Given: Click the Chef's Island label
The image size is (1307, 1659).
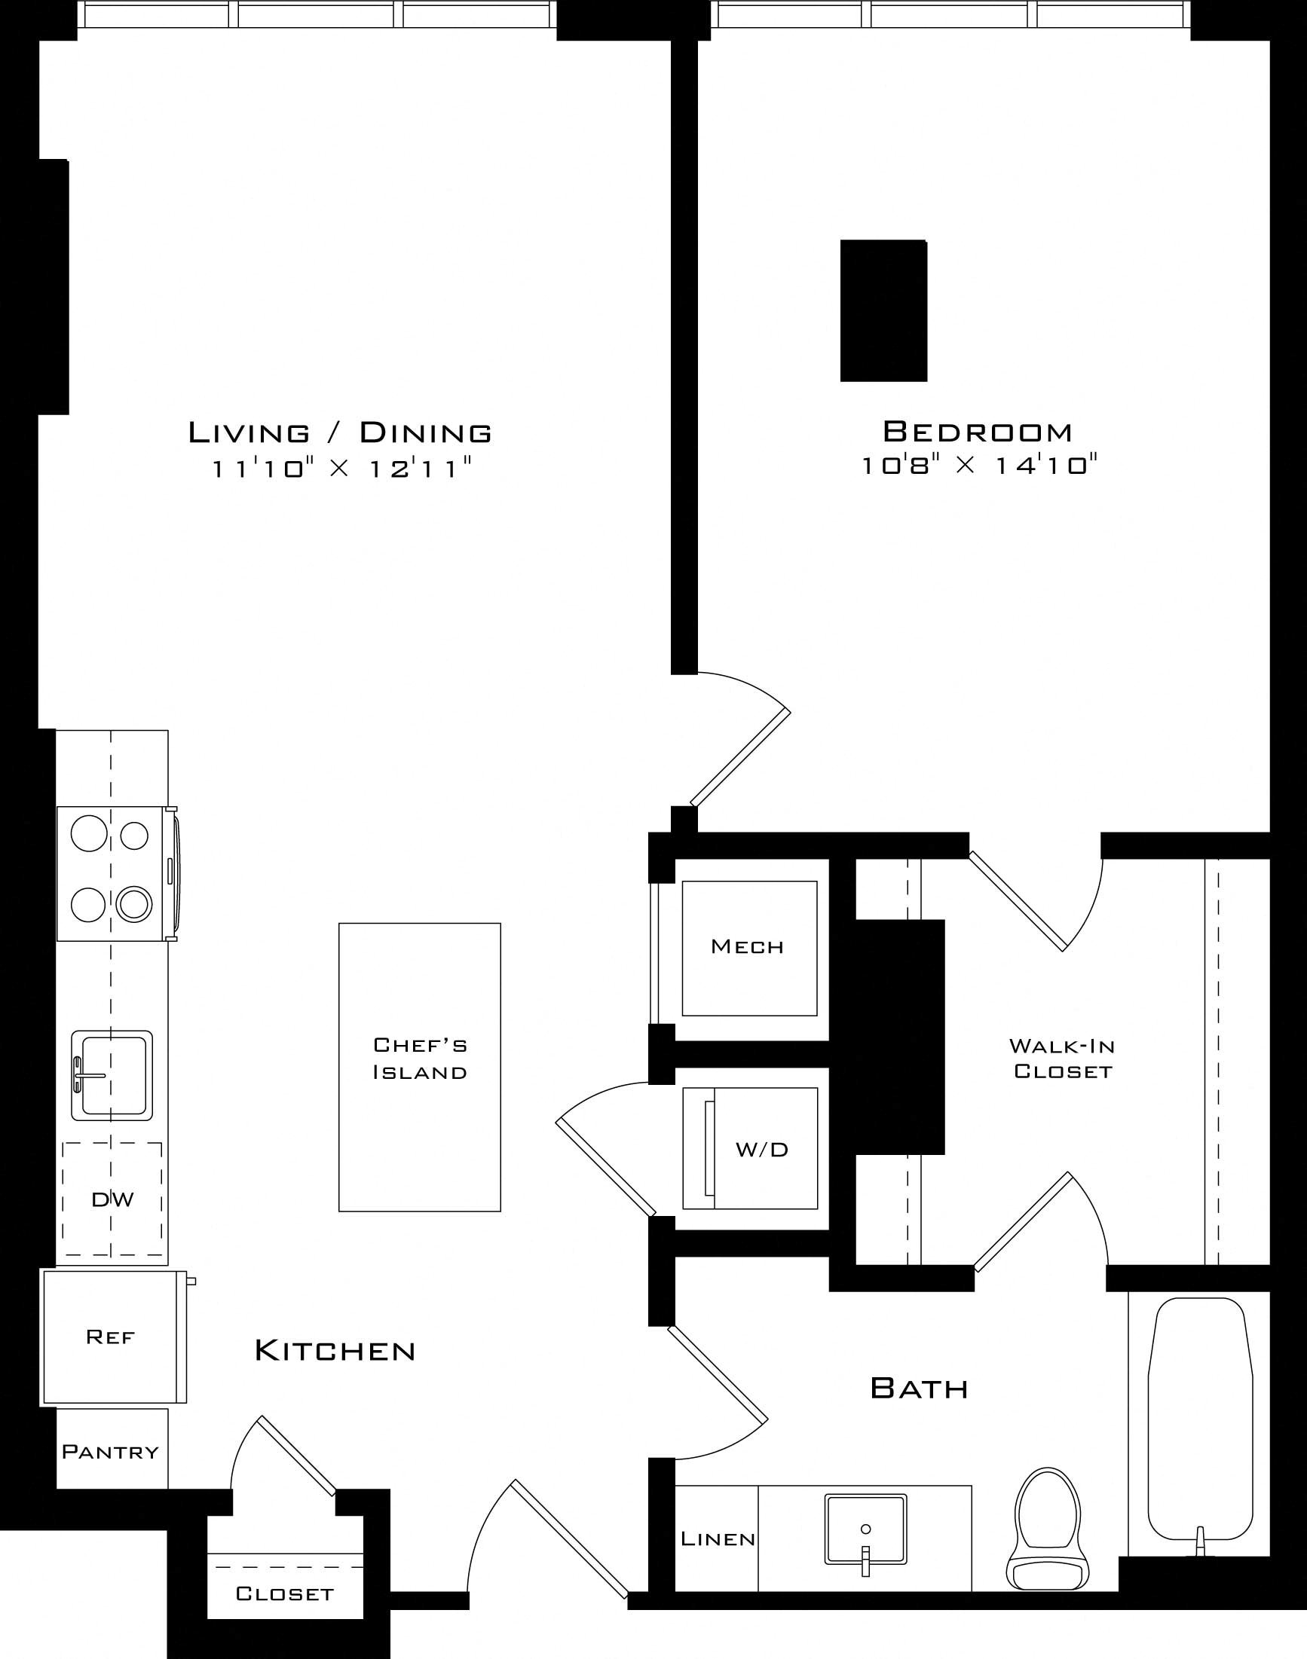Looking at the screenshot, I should pyautogui.click(x=419, y=1059).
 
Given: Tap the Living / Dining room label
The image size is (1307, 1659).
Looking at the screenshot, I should pyautogui.click(x=341, y=433).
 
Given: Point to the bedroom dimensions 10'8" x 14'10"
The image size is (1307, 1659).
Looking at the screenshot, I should pyautogui.click(x=979, y=465).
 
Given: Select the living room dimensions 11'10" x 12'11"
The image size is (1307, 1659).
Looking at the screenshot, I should pyautogui.click(x=341, y=468).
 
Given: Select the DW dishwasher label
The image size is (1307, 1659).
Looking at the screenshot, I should pyautogui.click(x=112, y=1200).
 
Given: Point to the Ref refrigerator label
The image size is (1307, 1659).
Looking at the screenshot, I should pyautogui.click(x=111, y=1337).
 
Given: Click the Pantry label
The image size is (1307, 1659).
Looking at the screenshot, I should pyautogui.click(x=111, y=1452).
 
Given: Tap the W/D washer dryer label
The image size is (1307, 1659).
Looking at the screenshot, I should pyautogui.click(x=762, y=1150).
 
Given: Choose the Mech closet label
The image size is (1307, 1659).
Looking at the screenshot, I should pyautogui.click(x=748, y=947).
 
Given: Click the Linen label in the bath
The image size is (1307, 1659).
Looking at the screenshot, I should pyautogui.click(x=718, y=1539).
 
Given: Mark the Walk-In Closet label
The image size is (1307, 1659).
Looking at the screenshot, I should pyautogui.click(x=1062, y=1059).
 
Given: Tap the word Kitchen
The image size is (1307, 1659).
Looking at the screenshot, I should pyautogui.click(x=335, y=1351).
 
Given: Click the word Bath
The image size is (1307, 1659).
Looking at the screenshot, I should pyautogui.click(x=920, y=1389).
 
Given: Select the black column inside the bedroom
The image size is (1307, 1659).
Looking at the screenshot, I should pyautogui.click(x=884, y=310).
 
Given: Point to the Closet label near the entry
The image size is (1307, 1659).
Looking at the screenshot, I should pyautogui.click(x=285, y=1594).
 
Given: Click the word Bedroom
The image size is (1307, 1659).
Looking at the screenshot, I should pyautogui.click(x=978, y=432).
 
